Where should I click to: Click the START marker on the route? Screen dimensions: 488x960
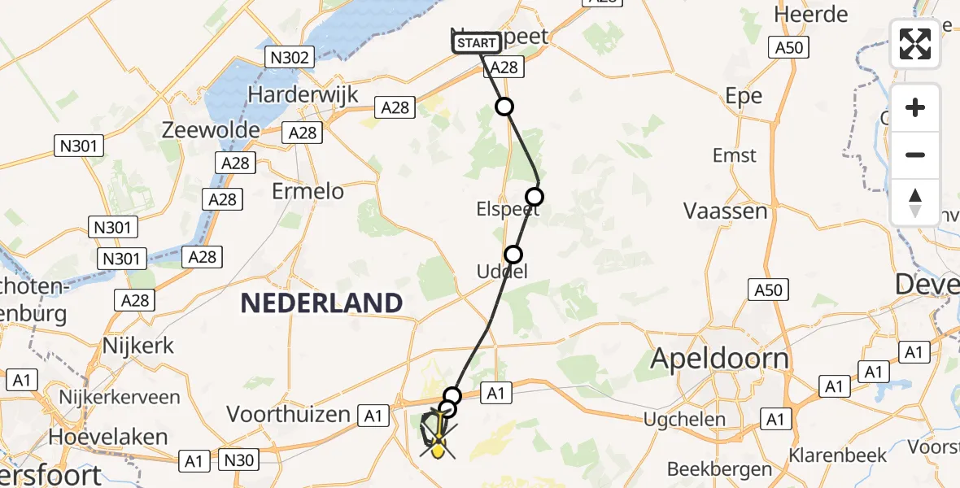click(476, 43)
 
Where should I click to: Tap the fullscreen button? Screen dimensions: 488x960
click(915, 44)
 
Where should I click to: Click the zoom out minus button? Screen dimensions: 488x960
click(915, 155)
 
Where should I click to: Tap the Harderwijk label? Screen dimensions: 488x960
click(303, 94)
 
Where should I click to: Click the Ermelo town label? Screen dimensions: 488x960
click(308, 192)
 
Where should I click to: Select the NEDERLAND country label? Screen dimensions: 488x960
click(321, 303)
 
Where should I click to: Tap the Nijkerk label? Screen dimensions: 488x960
click(138, 345)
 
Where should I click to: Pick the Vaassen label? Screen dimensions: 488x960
click(726, 211)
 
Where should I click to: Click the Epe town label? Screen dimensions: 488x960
click(744, 96)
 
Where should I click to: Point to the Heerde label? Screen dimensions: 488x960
click(811, 14)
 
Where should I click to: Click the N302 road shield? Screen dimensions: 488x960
click(290, 58)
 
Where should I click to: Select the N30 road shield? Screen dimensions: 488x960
click(239, 460)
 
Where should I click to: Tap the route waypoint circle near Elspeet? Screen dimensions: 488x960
click(535, 196)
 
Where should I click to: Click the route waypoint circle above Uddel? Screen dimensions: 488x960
click(513, 254)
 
